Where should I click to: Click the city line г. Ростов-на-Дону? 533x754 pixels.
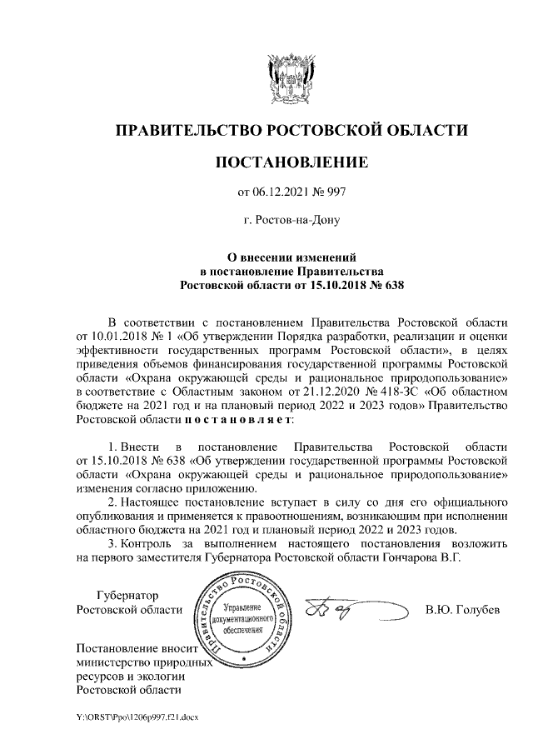(x=291, y=221)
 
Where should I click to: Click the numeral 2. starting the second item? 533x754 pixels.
(x=114, y=503)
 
